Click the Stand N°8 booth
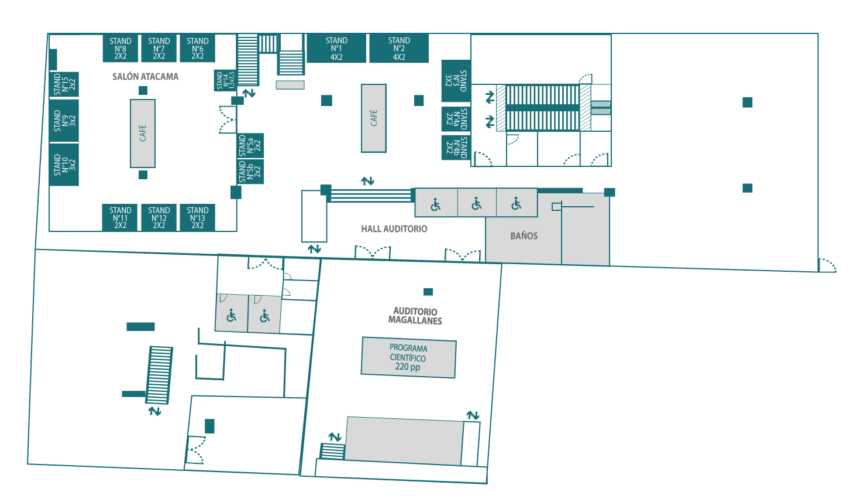(121, 48)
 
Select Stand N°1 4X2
(336, 48)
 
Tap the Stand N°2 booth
(399, 48)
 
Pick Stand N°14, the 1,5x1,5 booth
(225, 80)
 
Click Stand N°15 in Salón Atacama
(64, 84)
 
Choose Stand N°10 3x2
(64, 165)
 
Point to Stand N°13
(198, 217)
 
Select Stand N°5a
(250, 146)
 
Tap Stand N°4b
(456, 148)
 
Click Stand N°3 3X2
(456, 81)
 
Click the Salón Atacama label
(146, 77)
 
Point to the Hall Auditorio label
(394, 229)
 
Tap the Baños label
(524, 236)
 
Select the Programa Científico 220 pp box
(408, 357)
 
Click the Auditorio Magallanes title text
(415, 316)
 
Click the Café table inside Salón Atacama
(143, 134)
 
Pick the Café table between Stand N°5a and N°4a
(374, 118)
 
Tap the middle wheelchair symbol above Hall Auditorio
(477, 203)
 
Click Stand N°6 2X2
(198, 48)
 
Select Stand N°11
(120, 217)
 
